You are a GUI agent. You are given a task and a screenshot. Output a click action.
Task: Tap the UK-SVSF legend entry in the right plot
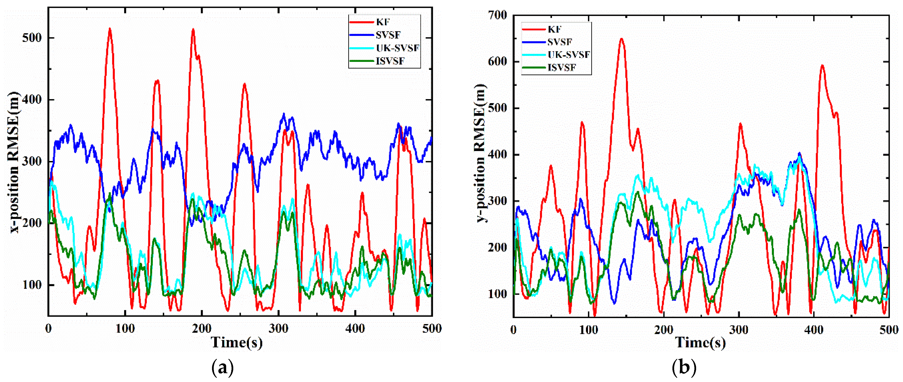(568, 54)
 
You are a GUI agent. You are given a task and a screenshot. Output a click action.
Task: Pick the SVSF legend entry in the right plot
(560, 42)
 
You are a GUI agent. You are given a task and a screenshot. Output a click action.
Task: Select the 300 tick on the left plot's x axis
(278, 329)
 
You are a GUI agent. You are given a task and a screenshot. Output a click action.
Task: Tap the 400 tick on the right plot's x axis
(814, 330)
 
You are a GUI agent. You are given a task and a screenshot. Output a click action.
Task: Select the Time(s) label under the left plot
(237, 342)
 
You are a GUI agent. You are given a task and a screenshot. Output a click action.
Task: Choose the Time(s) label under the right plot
(700, 342)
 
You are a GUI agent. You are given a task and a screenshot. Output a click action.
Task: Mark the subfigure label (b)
(684, 368)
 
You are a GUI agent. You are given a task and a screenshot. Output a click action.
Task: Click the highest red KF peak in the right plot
(622, 39)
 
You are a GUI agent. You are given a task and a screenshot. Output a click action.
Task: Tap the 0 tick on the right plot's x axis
(514, 330)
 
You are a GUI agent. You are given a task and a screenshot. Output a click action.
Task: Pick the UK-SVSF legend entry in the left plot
(397, 48)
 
